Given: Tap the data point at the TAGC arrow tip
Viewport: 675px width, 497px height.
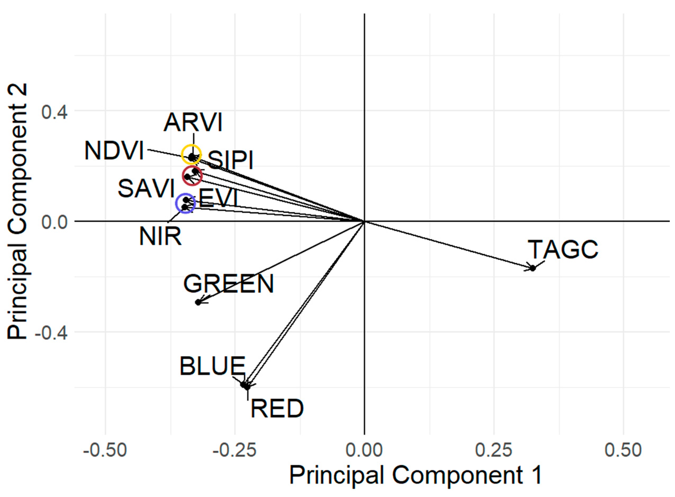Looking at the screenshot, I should click(x=533, y=268).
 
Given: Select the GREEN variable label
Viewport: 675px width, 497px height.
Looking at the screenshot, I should click(x=229, y=284).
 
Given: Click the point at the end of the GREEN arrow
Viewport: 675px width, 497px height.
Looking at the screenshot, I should click(x=198, y=302).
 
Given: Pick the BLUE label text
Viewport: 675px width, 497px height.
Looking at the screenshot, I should click(x=212, y=366).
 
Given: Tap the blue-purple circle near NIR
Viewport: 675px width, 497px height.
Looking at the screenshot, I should click(x=185, y=204).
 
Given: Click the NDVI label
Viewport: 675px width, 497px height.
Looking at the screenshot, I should click(x=114, y=151).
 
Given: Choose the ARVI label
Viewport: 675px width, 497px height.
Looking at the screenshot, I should click(x=193, y=123).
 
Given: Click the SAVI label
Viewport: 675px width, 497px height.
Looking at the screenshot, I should click(x=146, y=189).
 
